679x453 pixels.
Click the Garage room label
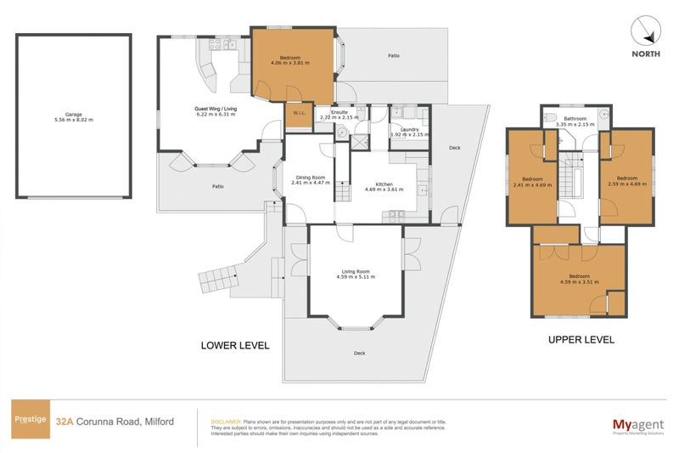73,117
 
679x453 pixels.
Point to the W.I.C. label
299,113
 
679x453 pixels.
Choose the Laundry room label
406,132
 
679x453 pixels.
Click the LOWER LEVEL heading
234,345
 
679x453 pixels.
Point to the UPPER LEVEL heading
581,339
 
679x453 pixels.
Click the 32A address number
63,420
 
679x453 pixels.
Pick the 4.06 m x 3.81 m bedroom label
291,60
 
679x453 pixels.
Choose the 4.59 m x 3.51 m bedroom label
580,279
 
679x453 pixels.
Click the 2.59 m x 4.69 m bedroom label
628,181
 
